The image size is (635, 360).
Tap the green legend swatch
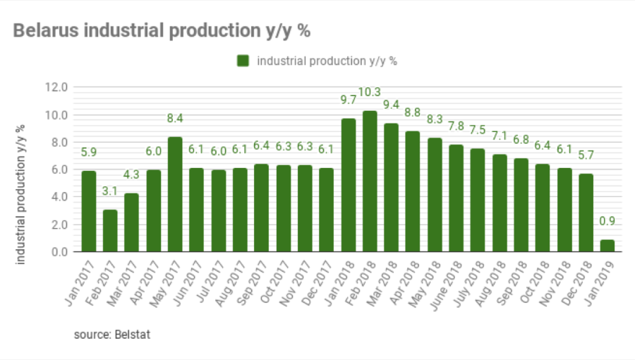pos(243,61)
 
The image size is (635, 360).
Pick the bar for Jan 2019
pos(607,246)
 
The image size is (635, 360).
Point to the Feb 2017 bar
pos(110,230)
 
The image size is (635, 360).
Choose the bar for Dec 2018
pos(586,212)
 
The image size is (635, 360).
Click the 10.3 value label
pos(370,92)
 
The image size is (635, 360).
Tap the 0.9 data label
pos(607,221)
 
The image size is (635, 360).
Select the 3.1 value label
pos(110,191)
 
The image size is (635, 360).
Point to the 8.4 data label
pos(175,118)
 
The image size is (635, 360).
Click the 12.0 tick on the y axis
pos(56,88)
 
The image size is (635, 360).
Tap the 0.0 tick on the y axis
pos(59,252)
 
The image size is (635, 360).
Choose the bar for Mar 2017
pos(131,222)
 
